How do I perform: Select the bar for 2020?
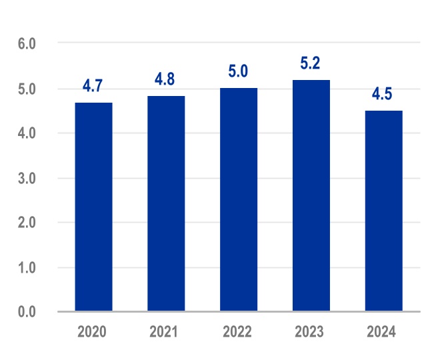[x=93, y=207]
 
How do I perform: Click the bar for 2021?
[x=166, y=203]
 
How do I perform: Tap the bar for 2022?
[x=239, y=199]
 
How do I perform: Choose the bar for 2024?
[x=383, y=211]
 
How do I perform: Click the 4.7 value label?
[x=93, y=86]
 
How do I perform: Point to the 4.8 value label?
[x=166, y=79]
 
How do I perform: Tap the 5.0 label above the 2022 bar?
[x=239, y=71]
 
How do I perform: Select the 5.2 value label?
[x=311, y=63]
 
